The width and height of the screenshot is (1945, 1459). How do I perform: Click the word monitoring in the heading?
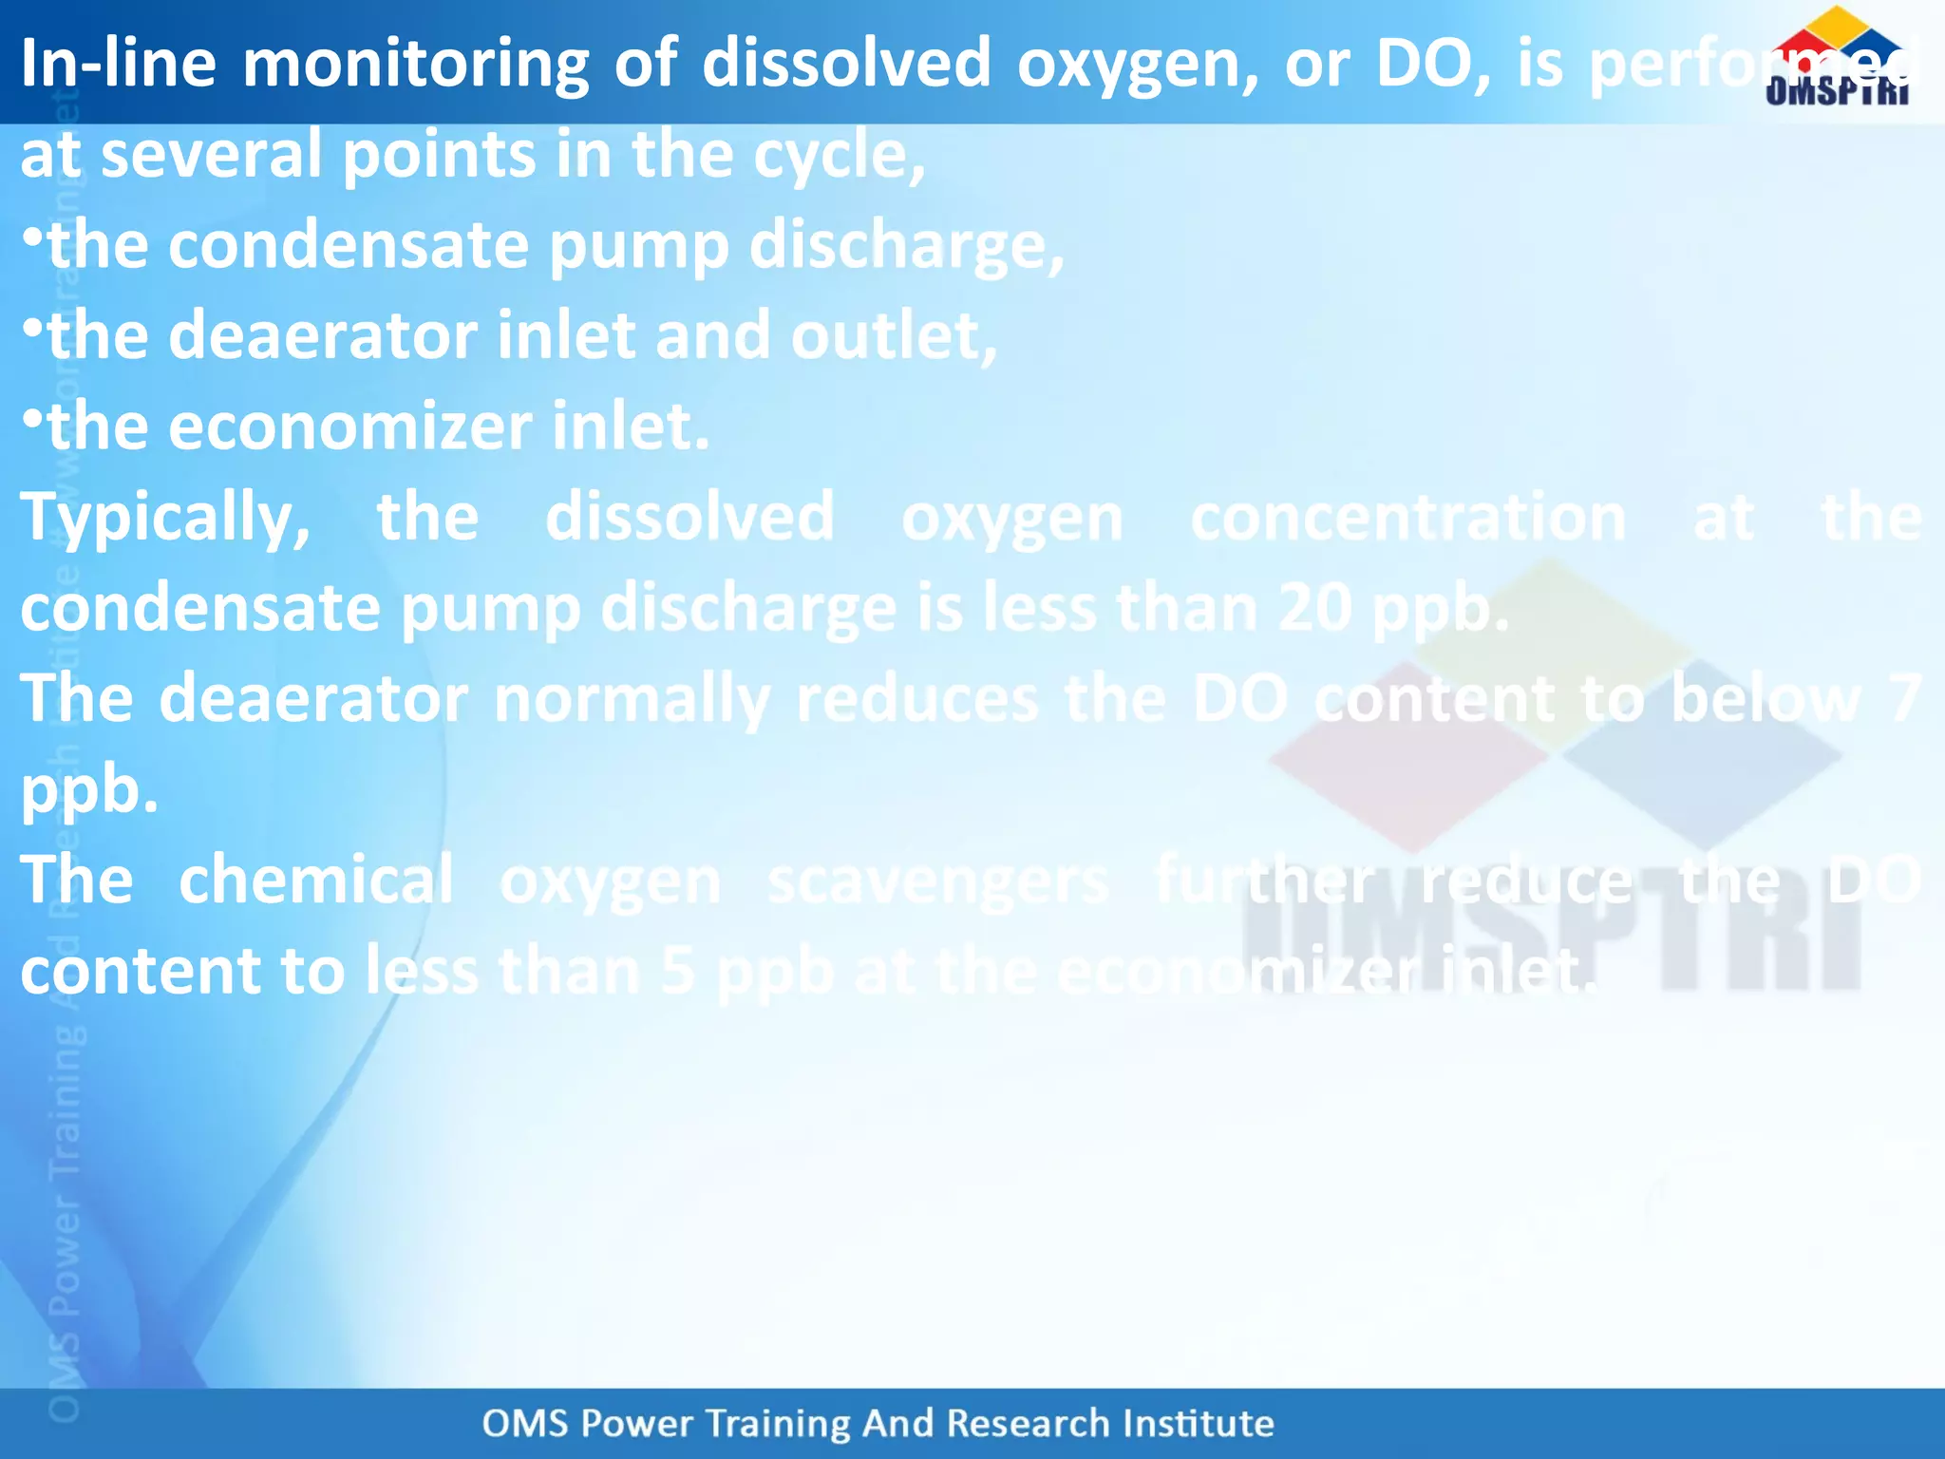(x=415, y=65)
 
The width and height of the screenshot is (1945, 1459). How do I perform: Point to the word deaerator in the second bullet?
(x=323, y=336)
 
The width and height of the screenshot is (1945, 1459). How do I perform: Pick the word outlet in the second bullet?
(x=893, y=336)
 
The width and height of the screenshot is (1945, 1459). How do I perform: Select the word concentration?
(x=1408, y=519)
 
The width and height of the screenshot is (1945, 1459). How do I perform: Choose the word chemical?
(x=316, y=881)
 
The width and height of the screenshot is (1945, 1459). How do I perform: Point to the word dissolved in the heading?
(x=846, y=63)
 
